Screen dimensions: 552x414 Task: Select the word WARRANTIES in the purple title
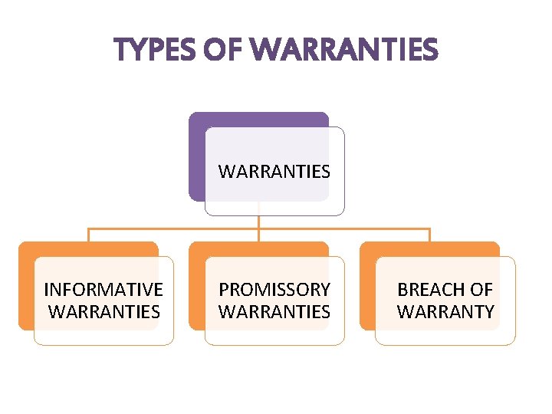pyautogui.click(x=344, y=51)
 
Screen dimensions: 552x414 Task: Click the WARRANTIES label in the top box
pyautogui.click(x=274, y=172)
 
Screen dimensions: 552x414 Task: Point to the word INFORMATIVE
pyautogui.click(x=103, y=290)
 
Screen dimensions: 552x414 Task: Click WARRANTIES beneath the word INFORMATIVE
pyautogui.click(x=103, y=312)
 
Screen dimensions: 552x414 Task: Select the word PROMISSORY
pyautogui.click(x=274, y=290)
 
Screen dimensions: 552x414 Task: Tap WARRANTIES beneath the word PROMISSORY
pyautogui.click(x=274, y=312)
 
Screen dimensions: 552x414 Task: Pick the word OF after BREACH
pyautogui.click(x=481, y=290)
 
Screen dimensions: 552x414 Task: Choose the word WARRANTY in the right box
pyautogui.click(x=445, y=312)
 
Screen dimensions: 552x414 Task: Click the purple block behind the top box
pyautogui.click(x=196, y=153)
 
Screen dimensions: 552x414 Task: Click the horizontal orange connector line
pyautogui.click(x=176, y=228)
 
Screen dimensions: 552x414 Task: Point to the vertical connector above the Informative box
pyautogui.click(x=88, y=235)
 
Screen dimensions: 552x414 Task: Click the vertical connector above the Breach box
pyautogui.click(x=430, y=235)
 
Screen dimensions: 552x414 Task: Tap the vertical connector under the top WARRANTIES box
pyautogui.click(x=259, y=222)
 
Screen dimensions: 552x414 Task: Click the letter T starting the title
pyautogui.click(x=121, y=51)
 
